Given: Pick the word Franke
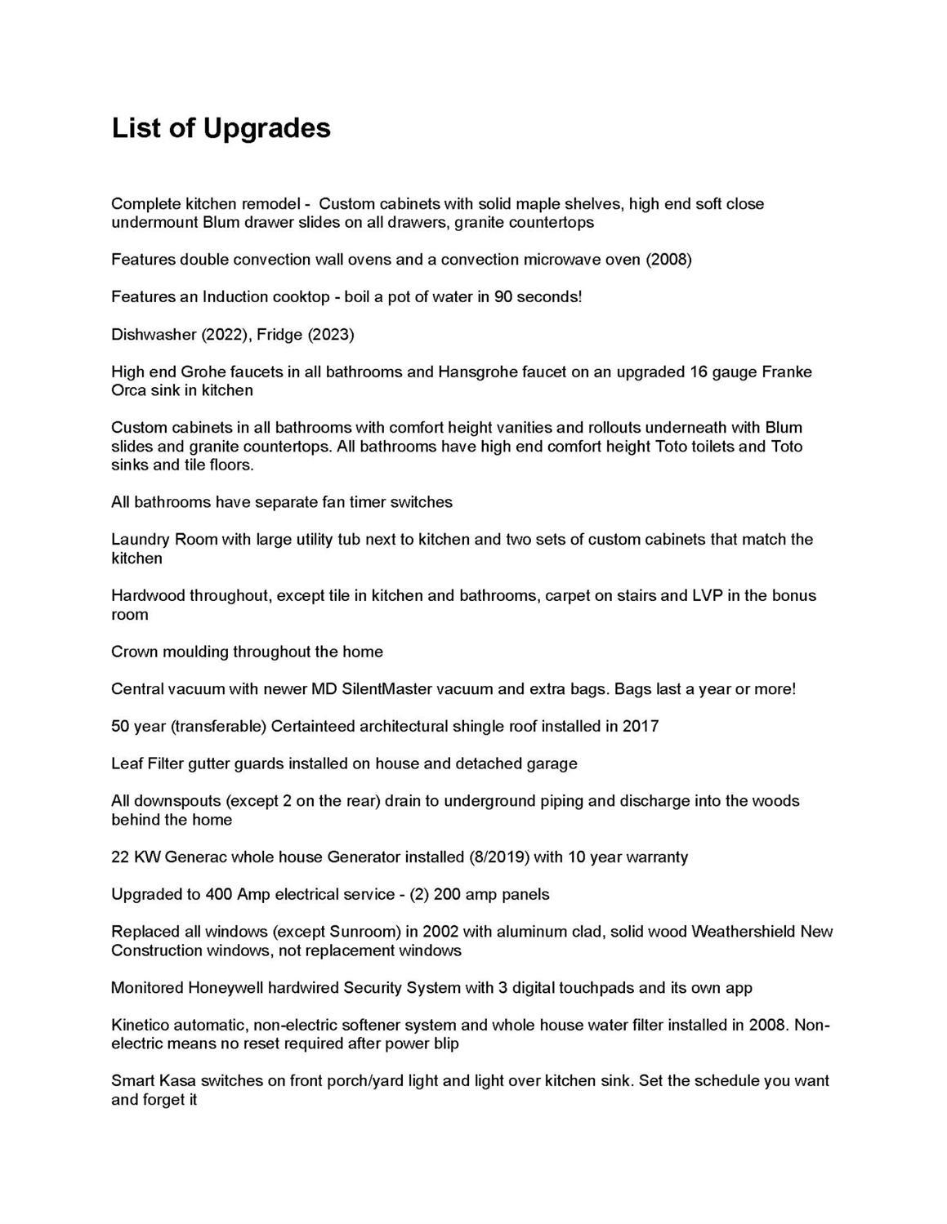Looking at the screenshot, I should point(787,372).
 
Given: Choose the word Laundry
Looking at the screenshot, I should point(140,540).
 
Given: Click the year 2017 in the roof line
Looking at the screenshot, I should point(641,727).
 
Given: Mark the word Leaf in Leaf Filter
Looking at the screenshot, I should point(127,764).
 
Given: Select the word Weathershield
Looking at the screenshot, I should point(744,932).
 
